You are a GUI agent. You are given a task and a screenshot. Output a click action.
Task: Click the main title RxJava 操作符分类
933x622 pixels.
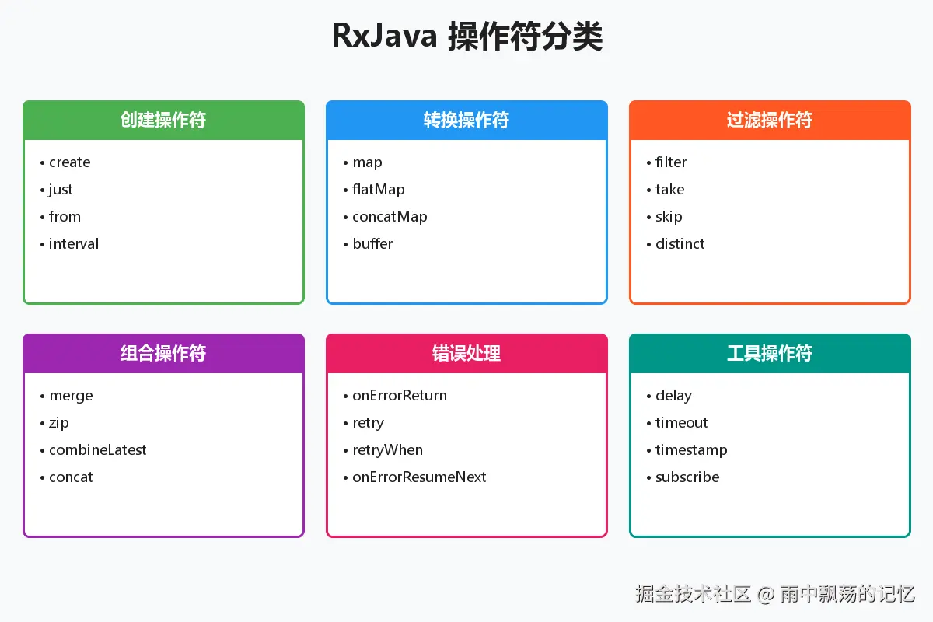[x=467, y=37]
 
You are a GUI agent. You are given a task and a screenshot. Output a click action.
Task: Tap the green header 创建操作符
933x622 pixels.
[x=163, y=120]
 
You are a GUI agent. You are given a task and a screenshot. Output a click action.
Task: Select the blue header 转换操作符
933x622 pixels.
[x=466, y=120]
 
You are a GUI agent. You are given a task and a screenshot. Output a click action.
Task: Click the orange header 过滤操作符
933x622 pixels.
[x=770, y=120]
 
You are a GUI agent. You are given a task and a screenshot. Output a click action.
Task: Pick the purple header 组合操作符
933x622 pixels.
[x=163, y=353]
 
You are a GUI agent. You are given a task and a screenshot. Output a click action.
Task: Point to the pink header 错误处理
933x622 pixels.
[x=466, y=353]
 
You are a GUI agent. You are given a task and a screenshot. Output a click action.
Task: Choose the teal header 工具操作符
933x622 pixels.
[x=770, y=353]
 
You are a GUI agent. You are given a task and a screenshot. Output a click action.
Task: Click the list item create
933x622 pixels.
[x=69, y=162]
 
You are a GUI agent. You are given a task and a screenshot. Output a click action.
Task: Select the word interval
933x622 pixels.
[x=74, y=243]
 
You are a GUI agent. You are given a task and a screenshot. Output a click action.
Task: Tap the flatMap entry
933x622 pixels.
[x=378, y=190]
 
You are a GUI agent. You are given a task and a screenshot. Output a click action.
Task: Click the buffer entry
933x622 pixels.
[x=372, y=243]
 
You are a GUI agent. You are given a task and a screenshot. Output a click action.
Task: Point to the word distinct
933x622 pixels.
[x=680, y=243]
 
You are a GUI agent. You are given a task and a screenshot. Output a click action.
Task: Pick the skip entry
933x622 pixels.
[x=669, y=217]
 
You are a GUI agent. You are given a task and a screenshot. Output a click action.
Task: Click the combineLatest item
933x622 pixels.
[x=97, y=450]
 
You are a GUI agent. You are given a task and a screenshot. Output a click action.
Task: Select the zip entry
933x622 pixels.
[x=59, y=423]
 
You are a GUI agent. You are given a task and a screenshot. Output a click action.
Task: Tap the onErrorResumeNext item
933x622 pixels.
[x=419, y=477]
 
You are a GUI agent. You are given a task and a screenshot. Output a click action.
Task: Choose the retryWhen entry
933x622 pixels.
[x=387, y=450]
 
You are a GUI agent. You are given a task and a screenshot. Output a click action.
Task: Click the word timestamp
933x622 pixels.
[x=691, y=450]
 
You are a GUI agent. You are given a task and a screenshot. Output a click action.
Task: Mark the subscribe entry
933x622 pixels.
[x=687, y=477]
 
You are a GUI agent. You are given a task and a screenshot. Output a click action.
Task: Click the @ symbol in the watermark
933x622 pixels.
[x=766, y=595]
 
